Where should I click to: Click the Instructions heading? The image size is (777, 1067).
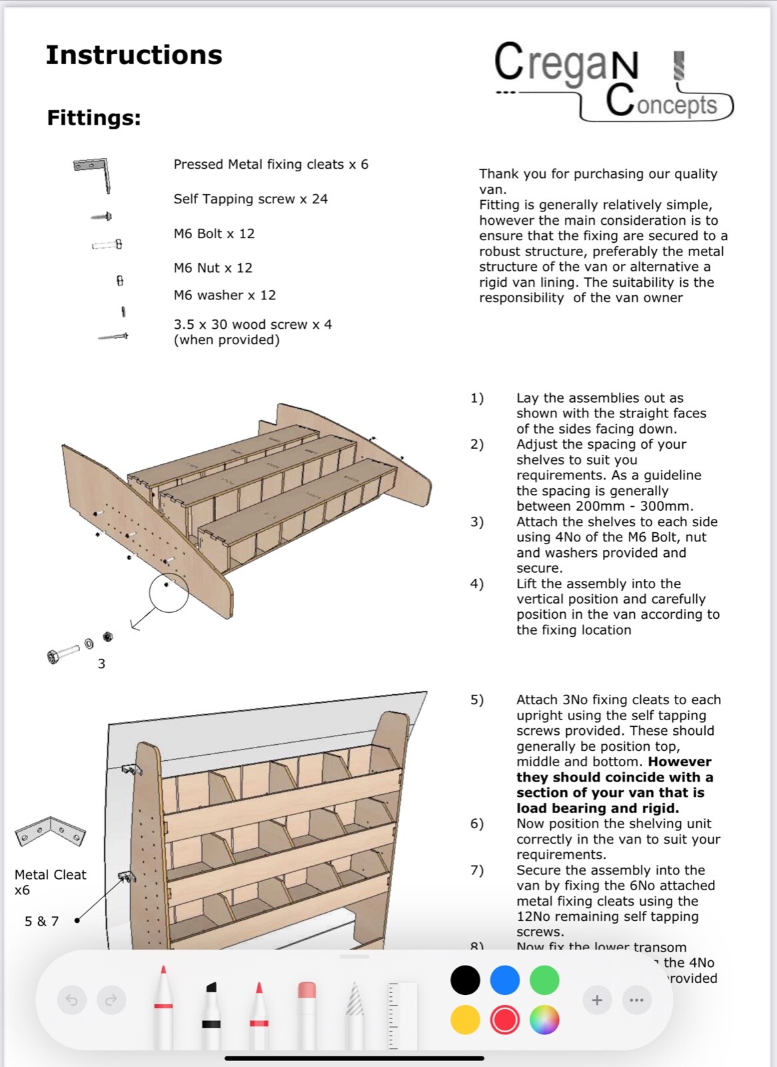(133, 55)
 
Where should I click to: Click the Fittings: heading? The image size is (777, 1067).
(94, 118)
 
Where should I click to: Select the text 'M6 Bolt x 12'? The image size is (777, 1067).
(214, 234)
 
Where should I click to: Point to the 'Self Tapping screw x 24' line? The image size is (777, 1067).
(250, 199)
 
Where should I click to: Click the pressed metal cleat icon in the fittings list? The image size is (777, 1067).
(93, 172)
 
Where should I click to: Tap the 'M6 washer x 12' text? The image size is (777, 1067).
(224, 295)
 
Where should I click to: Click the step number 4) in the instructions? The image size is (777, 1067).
(477, 584)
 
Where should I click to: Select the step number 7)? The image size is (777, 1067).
(477, 870)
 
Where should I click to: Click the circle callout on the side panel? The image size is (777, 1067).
(169, 592)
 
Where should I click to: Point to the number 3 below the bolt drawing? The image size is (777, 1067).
(101, 664)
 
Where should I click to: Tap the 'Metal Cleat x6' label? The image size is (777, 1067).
(50, 882)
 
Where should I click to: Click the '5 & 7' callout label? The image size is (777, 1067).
(41, 922)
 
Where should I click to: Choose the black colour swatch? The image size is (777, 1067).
(465, 980)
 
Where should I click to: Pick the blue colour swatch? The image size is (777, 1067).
(505, 980)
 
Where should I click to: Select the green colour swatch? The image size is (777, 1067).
(544, 980)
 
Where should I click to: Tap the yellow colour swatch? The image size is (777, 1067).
(465, 1020)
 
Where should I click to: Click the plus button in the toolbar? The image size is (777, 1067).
(597, 1000)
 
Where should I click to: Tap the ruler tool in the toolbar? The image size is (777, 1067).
(402, 1014)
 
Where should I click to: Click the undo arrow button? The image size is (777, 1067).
(72, 1000)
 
